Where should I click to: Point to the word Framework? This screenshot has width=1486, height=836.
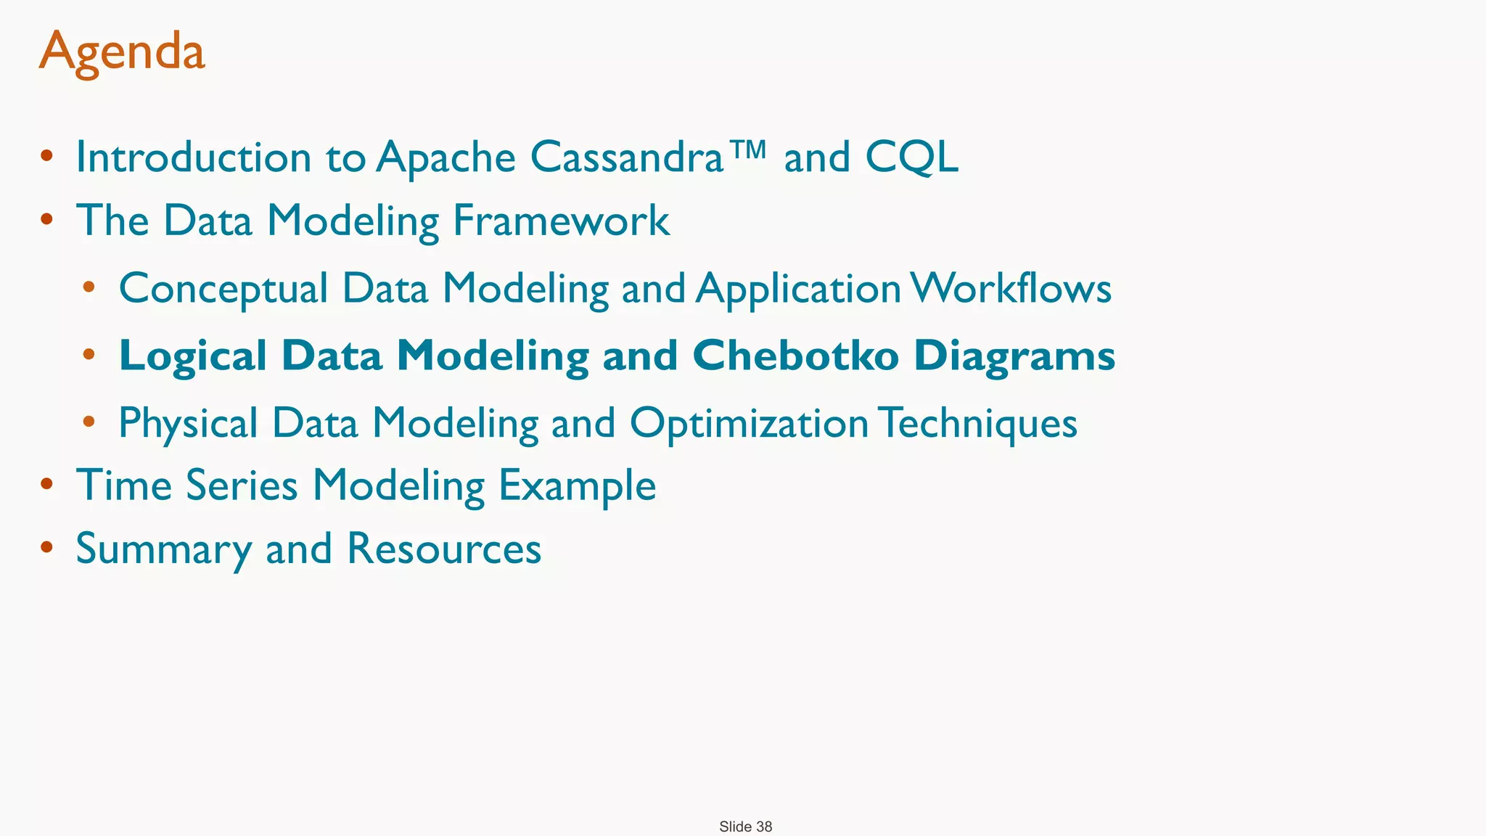click(x=561, y=221)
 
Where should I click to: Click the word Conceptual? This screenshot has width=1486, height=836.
click(x=223, y=289)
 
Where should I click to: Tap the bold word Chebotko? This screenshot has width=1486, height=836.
click(x=795, y=356)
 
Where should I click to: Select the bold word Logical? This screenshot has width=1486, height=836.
click(x=193, y=357)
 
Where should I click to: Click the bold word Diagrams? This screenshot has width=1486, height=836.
click(x=1014, y=357)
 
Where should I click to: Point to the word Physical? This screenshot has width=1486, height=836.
click(x=188, y=423)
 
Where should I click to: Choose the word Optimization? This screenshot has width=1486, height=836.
click(x=749, y=423)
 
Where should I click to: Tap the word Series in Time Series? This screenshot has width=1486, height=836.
click(x=242, y=485)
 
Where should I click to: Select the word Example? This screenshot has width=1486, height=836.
click(x=577, y=486)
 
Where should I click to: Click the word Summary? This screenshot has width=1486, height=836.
click(x=163, y=549)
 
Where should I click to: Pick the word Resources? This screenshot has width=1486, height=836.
click(x=444, y=549)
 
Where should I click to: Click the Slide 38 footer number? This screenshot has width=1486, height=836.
click(x=746, y=827)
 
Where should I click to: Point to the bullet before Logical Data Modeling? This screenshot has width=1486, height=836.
click(x=89, y=355)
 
